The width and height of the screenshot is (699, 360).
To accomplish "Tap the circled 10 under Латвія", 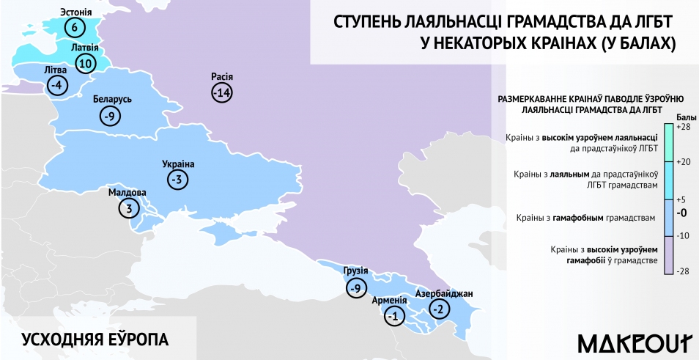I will [x=85, y=64].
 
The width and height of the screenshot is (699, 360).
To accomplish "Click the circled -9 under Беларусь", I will [x=110, y=115].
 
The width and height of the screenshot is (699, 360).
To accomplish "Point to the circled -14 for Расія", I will [x=221, y=93].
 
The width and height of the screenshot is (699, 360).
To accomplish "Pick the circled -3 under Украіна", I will [x=177, y=179].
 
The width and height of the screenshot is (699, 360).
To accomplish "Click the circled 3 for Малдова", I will [x=128, y=208].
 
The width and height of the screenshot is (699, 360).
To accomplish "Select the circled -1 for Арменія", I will [x=394, y=316].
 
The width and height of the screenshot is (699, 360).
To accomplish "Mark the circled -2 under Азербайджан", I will [x=439, y=309].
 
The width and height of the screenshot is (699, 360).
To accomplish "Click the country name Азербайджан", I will [x=443, y=294].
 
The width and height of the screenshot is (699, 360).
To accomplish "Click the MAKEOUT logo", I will [x=635, y=342].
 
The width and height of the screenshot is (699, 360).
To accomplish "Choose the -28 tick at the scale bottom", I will [x=683, y=271].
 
